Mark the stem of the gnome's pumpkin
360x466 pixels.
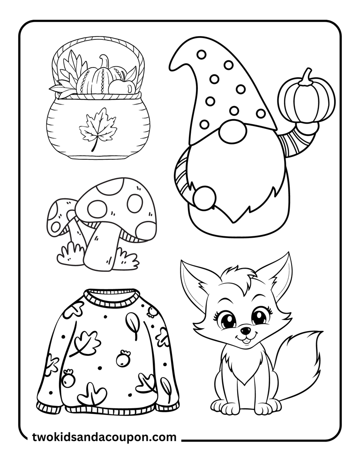[x=305, y=77]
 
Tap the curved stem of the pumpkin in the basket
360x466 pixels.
[x=105, y=61]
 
